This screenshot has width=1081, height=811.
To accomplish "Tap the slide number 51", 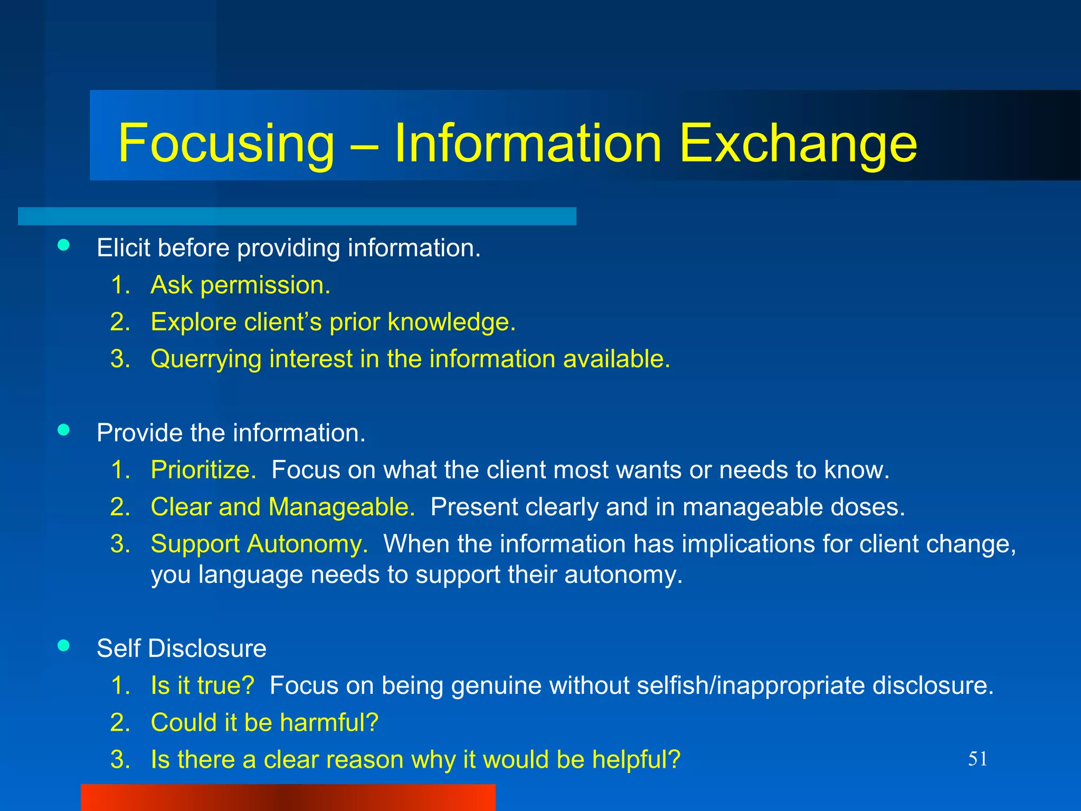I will (x=977, y=759).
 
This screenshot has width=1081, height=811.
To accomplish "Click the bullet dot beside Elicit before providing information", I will (x=64, y=244).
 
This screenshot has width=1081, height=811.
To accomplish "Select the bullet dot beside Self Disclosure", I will (x=64, y=645).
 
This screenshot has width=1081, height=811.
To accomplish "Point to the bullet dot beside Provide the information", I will (x=64, y=430).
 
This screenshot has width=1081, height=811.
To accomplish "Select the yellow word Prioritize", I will (x=203, y=470).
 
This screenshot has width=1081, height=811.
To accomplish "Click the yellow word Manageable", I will (x=342, y=507).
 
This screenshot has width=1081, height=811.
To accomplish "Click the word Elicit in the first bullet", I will (x=123, y=248).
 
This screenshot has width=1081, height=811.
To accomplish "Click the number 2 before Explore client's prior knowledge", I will (x=120, y=322).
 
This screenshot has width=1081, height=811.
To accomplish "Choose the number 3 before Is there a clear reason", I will (x=120, y=759).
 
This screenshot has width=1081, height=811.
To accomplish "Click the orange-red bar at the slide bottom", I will (x=288, y=797).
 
